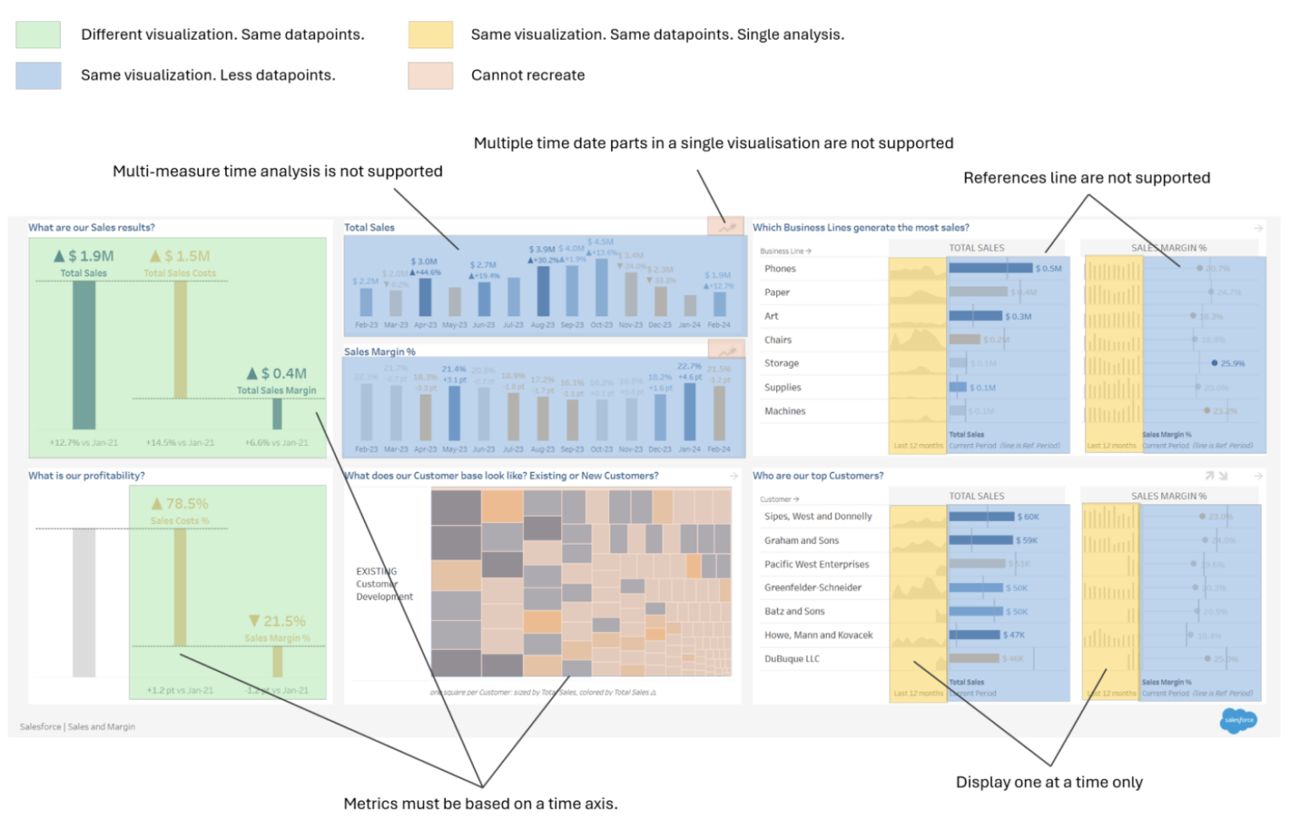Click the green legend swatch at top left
38,35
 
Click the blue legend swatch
38,75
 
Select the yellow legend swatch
430,35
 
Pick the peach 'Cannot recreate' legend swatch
430,75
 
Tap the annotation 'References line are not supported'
1086,178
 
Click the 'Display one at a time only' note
1049,782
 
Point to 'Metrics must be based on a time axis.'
480,804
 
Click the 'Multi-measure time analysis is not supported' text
278,171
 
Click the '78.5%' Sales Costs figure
186,503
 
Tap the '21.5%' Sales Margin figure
284,621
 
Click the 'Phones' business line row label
779,269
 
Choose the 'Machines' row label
785,411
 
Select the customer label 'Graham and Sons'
801,541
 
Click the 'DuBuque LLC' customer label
791,659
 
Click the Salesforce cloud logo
1238,721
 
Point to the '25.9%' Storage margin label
1231,364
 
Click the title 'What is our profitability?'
86,475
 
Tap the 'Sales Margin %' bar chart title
379,352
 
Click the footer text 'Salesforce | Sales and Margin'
77,727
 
